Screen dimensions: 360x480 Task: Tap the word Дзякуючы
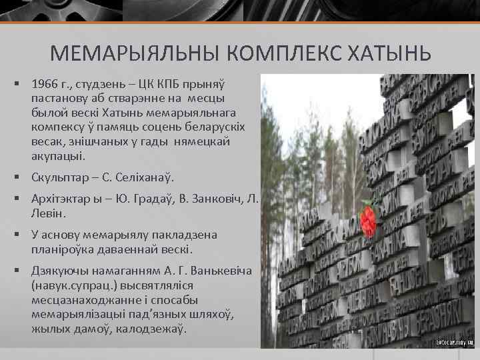coord(59,271)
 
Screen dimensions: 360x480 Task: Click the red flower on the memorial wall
coord(368,218)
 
